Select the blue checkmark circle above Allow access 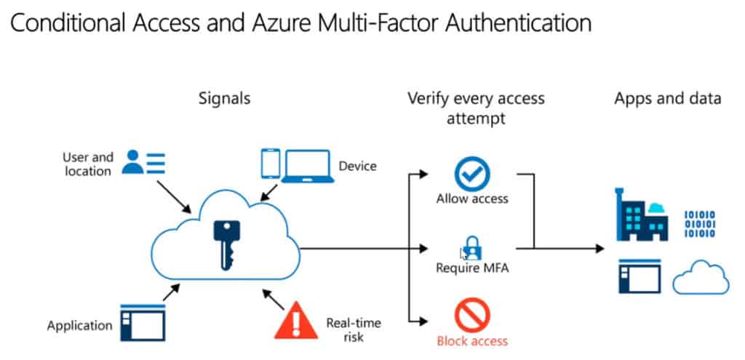tap(472, 175)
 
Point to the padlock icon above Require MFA tap(471, 247)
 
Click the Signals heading tap(224, 97)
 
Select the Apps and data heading tap(667, 97)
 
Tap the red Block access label tap(472, 341)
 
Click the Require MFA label tap(472, 268)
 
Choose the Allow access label tap(472, 198)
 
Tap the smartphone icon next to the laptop tap(271, 164)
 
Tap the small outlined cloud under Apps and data tap(701, 279)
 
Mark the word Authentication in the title tap(503, 23)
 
